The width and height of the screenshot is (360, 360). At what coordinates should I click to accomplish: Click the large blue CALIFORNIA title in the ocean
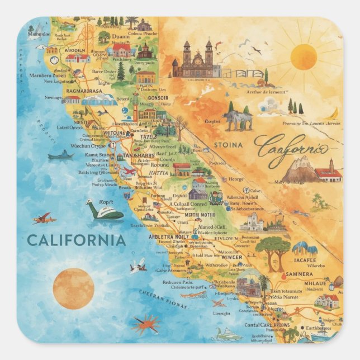pyautogui.click(x=76, y=240)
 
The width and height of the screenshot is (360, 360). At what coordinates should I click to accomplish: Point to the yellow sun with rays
pyautogui.click(x=304, y=57)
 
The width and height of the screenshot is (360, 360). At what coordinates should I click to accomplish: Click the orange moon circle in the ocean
pyautogui.click(x=73, y=288)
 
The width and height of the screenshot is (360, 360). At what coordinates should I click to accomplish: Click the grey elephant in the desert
pyautogui.click(x=237, y=120)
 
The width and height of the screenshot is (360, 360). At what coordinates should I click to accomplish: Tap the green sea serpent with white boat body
pyautogui.click(x=105, y=211)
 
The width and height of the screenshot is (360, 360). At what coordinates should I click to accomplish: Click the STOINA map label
pyautogui.click(x=228, y=145)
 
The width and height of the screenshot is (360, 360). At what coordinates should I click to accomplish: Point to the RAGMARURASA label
pyautogui.click(x=84, y=91)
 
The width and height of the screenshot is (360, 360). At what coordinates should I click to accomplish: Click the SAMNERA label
pyautogui.click(x=299, y=274)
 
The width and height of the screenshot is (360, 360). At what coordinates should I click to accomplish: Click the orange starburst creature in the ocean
pyautogui.click(x=146, y=323)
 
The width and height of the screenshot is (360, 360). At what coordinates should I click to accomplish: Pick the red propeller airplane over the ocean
pyautogui.click(x=45, y=218)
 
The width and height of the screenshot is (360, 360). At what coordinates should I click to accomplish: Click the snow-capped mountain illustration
pyautogui.click(x=300, y=169)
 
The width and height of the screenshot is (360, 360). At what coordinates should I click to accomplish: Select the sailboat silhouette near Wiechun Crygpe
pyautogui.click(x=61, y=155)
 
